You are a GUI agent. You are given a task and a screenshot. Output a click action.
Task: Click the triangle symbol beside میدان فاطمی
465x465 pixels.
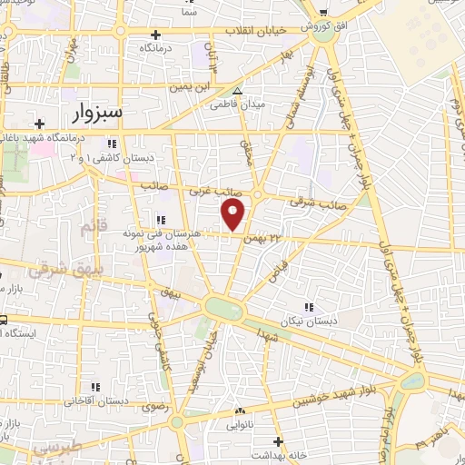tap(238, 91)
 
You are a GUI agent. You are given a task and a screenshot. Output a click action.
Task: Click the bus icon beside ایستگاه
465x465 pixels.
tap(3, 319)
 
